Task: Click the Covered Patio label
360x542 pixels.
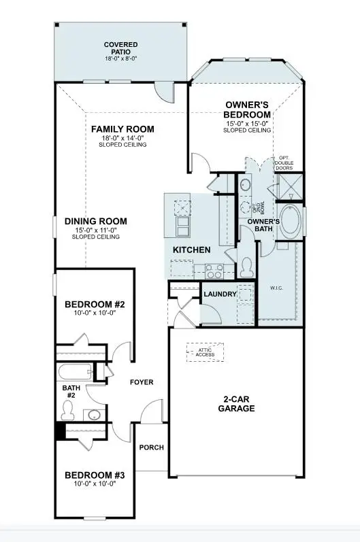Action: pyautogui.click(x=120, y=49)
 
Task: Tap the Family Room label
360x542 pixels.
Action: pyautogui.click(x=122, y=129)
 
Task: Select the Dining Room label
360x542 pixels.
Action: pyautogui.click(x=96, y=221)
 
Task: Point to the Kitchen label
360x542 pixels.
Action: pyautogui.click(x=191, y=250)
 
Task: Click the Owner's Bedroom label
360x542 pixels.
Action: pyautogui.click(x=248, y=110)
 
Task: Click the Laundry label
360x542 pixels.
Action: pyautogui.click(x=220, y=294)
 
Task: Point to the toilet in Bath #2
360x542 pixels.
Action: pyautogui.click(x=68, y=409)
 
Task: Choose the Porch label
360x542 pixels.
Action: pyautogui.click(x=151, y=447)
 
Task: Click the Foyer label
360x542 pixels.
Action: pyautogui.click(x=142, y=382)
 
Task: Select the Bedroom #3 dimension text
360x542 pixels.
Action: pyautogui.click(x=96, y=485)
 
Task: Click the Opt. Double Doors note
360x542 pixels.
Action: pyautogui.click(x=284, y=164)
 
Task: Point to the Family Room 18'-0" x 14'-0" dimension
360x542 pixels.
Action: pyautogui.click(x=122, y=138)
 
